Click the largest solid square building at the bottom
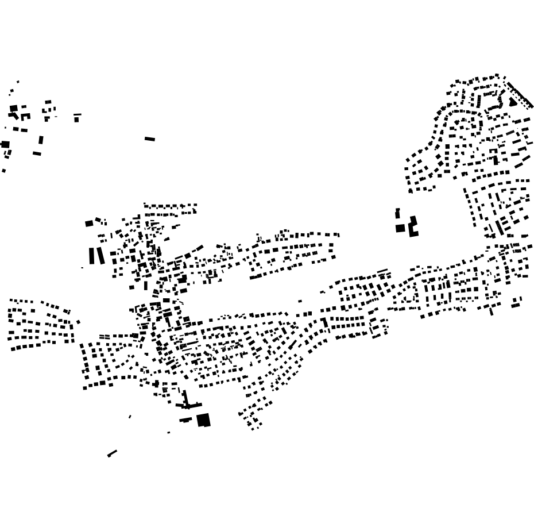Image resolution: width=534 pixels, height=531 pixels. point(203,420)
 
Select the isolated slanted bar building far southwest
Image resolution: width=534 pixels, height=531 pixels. point(112,453)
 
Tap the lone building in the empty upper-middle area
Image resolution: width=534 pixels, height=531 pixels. point(150,138)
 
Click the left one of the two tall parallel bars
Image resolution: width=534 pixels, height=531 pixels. point(92,256)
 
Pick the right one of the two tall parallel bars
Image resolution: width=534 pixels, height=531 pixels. point(101,255)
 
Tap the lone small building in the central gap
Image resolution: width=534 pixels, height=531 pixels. point(300,301)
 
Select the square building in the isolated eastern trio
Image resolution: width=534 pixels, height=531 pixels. point(400,228)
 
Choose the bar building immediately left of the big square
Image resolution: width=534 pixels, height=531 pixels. point(185,420)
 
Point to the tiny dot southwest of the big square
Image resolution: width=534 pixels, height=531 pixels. point(168,433)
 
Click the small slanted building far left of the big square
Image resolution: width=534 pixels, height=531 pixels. point(130,417)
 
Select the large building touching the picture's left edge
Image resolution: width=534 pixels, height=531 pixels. point(5,144)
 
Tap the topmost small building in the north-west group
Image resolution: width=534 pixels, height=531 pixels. point(18,82)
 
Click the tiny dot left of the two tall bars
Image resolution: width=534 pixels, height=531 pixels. point(82,268)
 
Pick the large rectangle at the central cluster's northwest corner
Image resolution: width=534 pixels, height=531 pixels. point(89,224)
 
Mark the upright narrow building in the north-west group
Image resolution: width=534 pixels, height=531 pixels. point(41,140)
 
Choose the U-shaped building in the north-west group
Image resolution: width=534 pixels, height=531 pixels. point(25,117)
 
